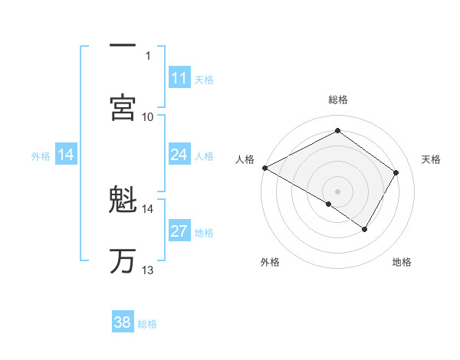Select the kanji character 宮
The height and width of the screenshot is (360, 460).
click(123, 107)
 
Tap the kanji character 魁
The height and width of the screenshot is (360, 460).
click(123, 201)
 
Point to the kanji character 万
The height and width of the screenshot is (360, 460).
click(123, 260)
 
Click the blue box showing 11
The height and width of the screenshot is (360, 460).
click(179, 78)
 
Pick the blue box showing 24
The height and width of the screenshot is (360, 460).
click(179, 155)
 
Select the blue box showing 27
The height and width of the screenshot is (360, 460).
click(179, 232)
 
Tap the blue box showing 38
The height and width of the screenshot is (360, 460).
click(123, 322)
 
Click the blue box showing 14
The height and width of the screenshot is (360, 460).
click(66, 155)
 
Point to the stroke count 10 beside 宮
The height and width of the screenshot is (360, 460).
click(148, 116)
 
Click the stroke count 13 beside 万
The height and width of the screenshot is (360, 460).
click(148, 270)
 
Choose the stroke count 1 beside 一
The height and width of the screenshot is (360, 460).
click(148, 55)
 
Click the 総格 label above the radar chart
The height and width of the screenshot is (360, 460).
click(337, 100)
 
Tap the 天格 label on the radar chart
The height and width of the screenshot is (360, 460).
click(432, 159)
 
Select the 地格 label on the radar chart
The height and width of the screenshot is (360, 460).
click(402, 262)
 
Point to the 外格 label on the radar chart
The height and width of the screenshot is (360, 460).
click(270, 262)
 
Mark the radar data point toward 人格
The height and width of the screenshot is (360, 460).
click(264, 167)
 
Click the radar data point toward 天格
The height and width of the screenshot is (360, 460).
click(396, 172)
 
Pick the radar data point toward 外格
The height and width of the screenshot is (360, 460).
click(329, 204)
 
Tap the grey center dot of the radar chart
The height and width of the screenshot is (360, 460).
click(337, 191)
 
